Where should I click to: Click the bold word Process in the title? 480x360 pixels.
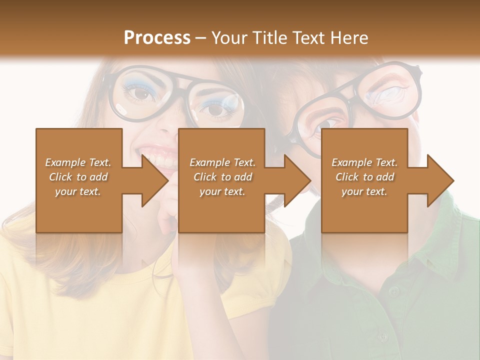tap(157, 37)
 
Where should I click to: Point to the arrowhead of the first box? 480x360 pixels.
tap(156, 180)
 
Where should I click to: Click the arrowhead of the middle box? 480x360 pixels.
tap(298, 180)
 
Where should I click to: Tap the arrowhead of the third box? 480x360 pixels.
tap(441, 180)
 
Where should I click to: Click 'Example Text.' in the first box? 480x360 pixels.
tap(78, 162)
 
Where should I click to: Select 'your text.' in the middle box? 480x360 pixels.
tap(222, 191)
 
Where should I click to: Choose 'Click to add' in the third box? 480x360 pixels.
tap(365, 177)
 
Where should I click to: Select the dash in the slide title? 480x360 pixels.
tap(201, 38)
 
